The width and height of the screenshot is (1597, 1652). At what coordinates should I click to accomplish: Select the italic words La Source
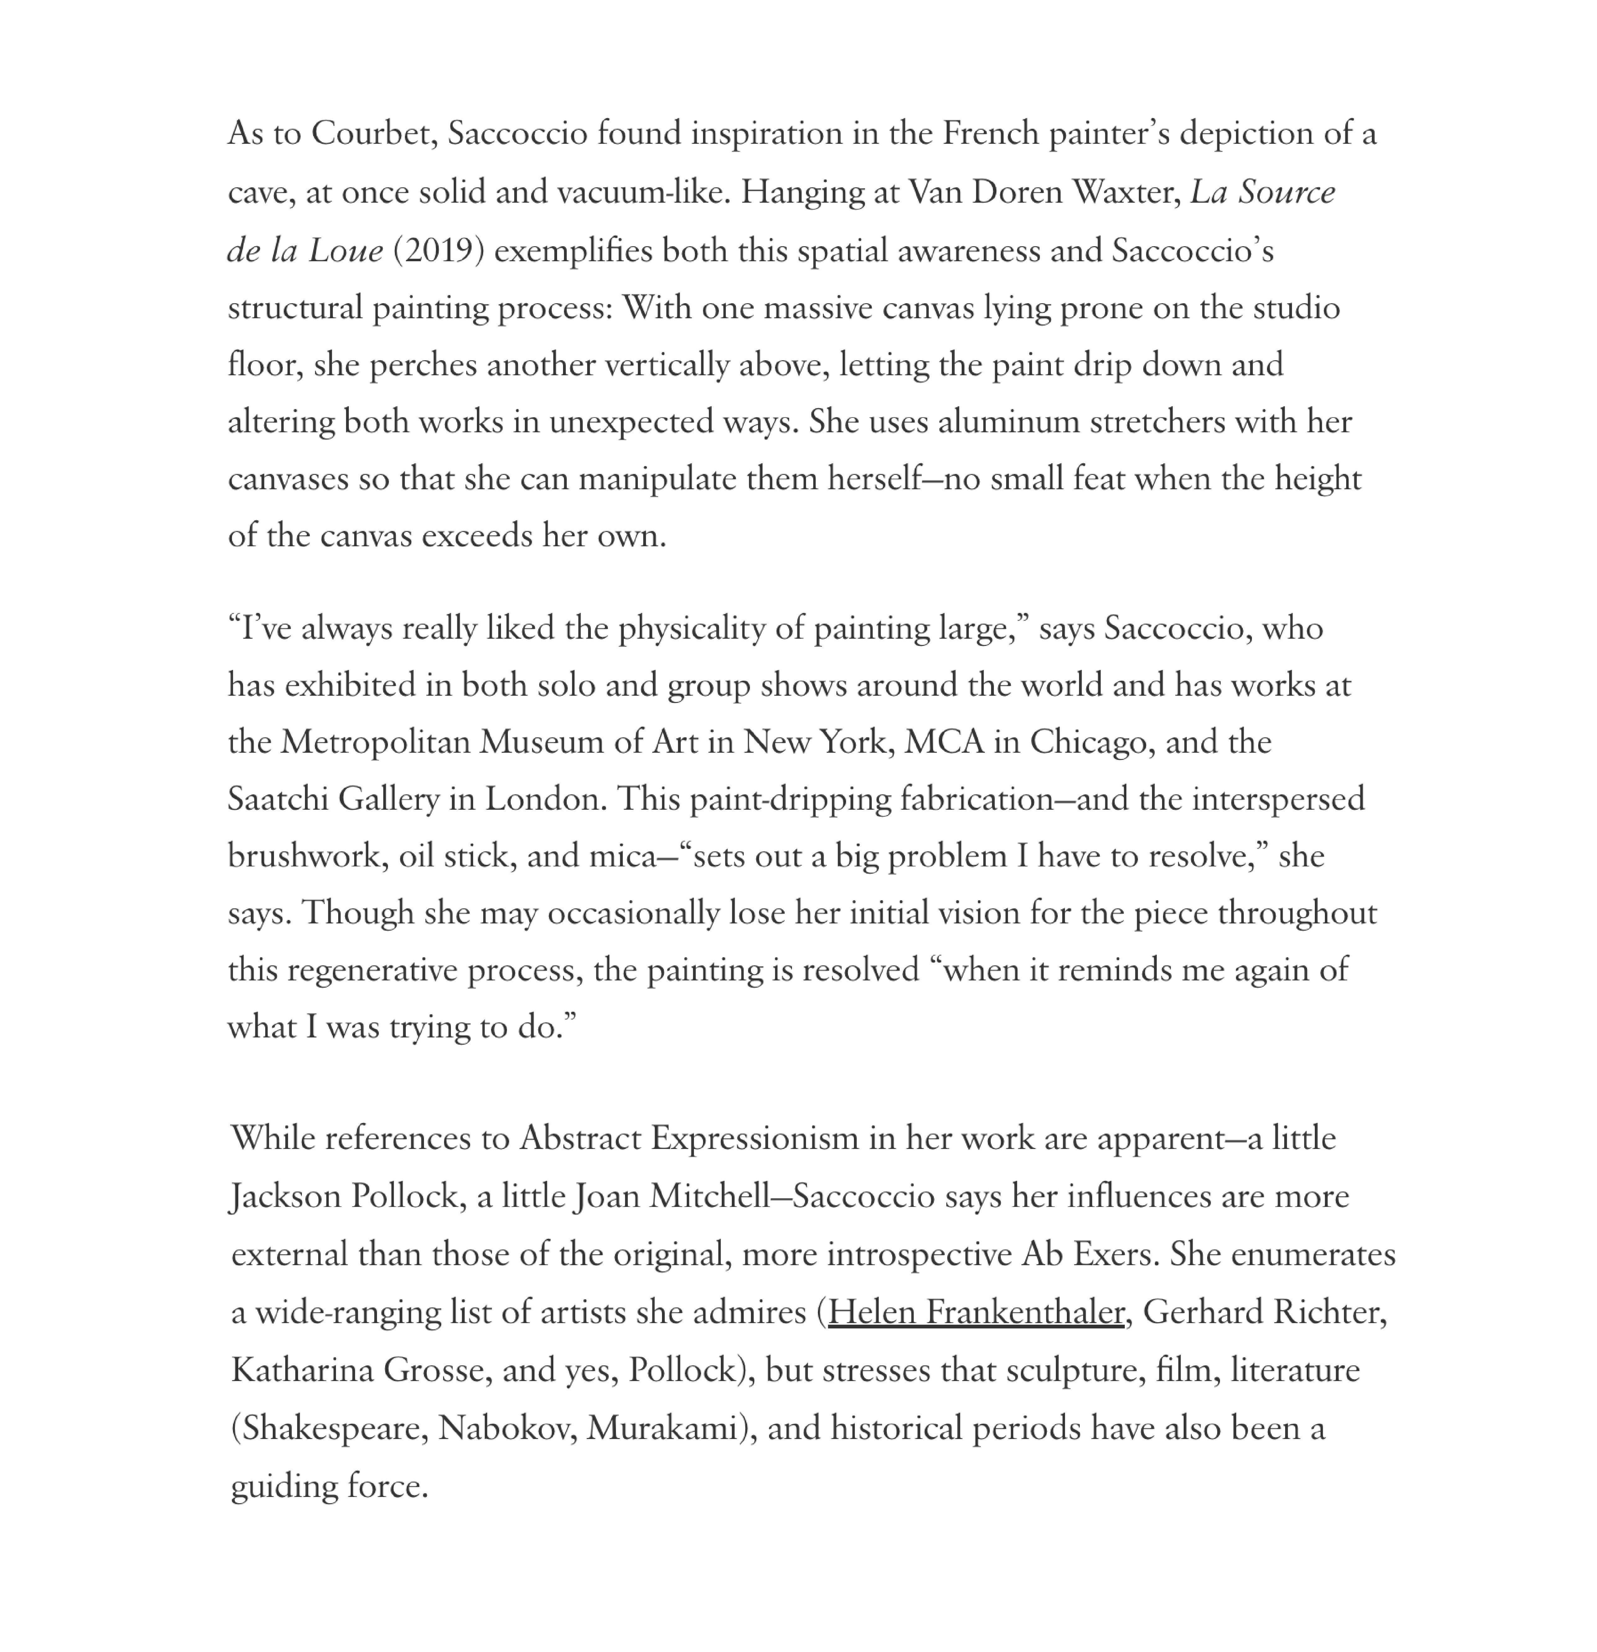pyautogui.click(x=1263, y=193)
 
